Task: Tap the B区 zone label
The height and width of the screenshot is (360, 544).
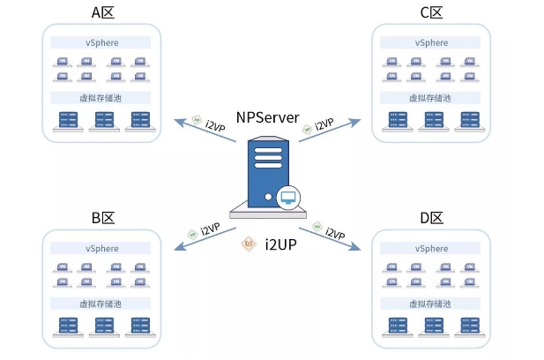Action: tap(101, 217)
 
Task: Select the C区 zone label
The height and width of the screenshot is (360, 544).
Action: tap(430, 12)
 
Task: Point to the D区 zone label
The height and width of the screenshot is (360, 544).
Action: tap(430, 217)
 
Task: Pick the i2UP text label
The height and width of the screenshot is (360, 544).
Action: tap(280, 243)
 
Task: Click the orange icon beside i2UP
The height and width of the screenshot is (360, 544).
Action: tap(250, 243)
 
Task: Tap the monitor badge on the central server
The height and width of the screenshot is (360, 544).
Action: tap(287, 199)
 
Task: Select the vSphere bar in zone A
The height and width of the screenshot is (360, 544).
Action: tap(101, 42)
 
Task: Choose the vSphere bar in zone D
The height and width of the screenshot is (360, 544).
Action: tap(430, 248)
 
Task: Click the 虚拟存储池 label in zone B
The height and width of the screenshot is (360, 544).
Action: tap(101, 304)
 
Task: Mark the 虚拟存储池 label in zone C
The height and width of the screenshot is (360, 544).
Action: tap(430, 98)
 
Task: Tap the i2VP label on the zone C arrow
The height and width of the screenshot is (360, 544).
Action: tap(324, 124)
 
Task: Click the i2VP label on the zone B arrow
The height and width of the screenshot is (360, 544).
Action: tap(209, 230)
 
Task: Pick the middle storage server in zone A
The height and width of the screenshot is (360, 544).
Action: tap(101, 118)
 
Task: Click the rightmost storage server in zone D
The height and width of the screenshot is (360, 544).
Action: tap(466, 324)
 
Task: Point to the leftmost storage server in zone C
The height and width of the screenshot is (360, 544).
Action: tap(393, 118)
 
